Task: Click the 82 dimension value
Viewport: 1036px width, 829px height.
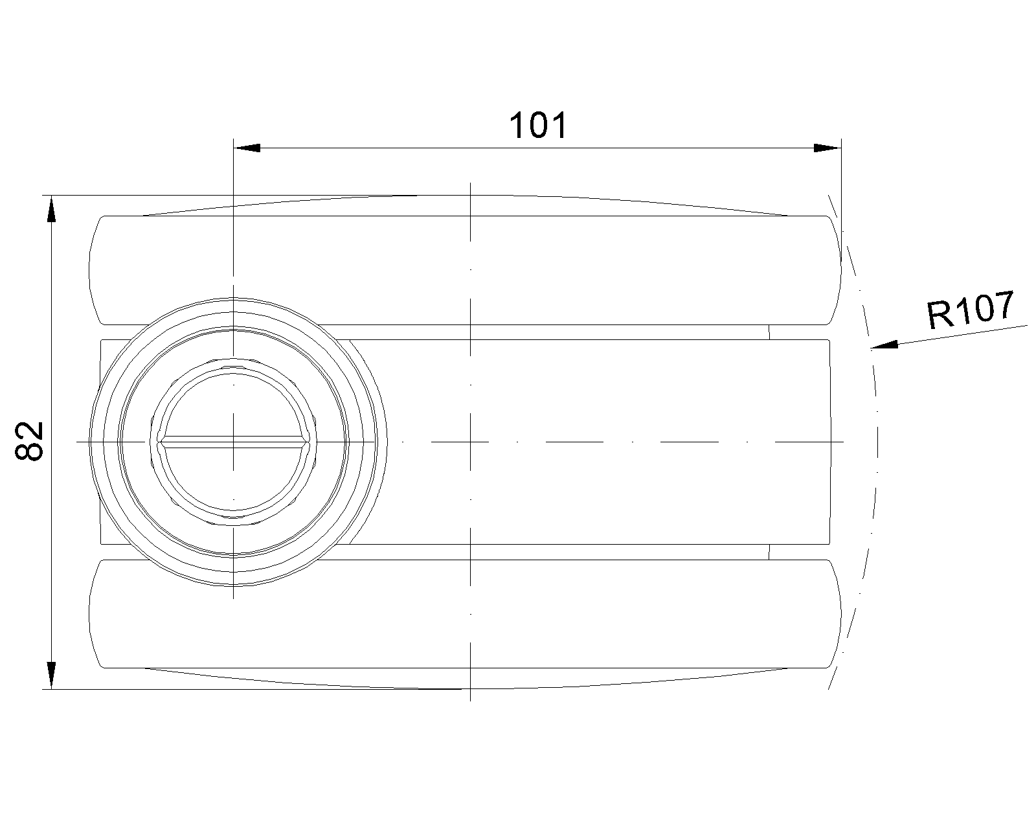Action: coord(30,441)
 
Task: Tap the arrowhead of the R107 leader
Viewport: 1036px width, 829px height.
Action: coord(884,345)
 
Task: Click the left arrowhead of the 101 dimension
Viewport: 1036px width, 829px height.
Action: coord(247,148)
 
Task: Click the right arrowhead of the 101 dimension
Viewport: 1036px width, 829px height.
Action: coord(828,148)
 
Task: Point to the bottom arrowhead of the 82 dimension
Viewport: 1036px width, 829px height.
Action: coord(52,676)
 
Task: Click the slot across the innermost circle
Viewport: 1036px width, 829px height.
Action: coord(234,442)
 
